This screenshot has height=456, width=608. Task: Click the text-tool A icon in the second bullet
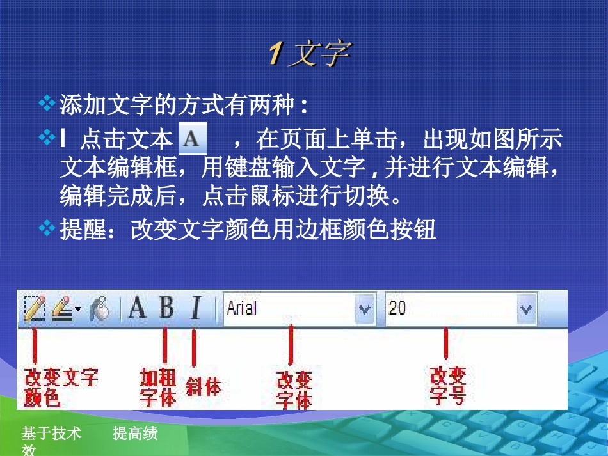click(193, 138)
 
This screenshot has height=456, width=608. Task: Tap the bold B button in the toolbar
click(166, 308)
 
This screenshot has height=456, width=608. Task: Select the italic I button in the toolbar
click(196, 308)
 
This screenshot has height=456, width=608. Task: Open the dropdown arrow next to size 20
click(526, 310)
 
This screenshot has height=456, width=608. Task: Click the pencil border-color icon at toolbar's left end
click(33, 308)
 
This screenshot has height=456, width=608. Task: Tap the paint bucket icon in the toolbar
click(100, 309)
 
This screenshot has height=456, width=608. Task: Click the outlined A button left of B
click(137, 308)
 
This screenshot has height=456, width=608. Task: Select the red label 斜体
click(203, 386)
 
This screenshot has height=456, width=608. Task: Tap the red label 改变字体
click(294, 391)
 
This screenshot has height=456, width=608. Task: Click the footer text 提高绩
click(135, 434)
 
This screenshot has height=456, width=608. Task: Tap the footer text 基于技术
click(51, 434)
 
